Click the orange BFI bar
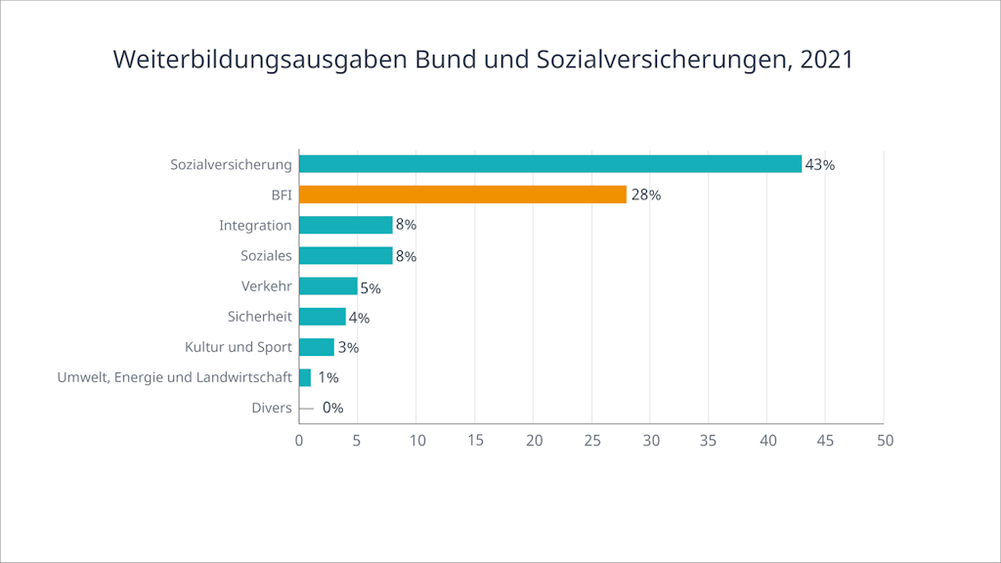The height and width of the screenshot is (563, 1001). click(x=462, y=195)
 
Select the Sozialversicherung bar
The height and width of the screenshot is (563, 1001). click(x=550, y=164)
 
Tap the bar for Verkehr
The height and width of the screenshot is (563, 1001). click(x=328, y=286)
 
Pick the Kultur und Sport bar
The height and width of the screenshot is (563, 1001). click(x=317, y=347)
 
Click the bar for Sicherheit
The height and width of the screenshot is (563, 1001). click(x=323, y=317)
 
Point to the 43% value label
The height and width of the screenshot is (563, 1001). click(x=819, y=165)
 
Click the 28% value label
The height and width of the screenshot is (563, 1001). click(x=645, y=195)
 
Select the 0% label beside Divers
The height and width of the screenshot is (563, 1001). click(x=332, y=409)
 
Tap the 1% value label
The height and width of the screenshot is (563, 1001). click(x=327, y=377)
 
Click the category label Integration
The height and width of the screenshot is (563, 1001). click(x=255, y=226)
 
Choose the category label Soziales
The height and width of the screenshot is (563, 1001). click(x=266, y=256)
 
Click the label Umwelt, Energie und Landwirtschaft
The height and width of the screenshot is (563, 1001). click(x=175, y=377)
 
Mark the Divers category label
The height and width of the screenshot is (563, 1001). click(x=271, y=408)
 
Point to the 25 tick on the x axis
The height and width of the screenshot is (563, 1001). click(x=592, y=441)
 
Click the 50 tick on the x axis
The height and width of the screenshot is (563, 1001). click(x=885, y=441)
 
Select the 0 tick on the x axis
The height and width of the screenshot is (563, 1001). click(x=299, y=441)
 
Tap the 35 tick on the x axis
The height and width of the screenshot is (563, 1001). click(x=709, y=441)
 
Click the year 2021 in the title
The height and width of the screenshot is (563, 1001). click(x=826, y=60)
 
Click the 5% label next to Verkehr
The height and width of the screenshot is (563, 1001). click(x=370, y=288)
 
